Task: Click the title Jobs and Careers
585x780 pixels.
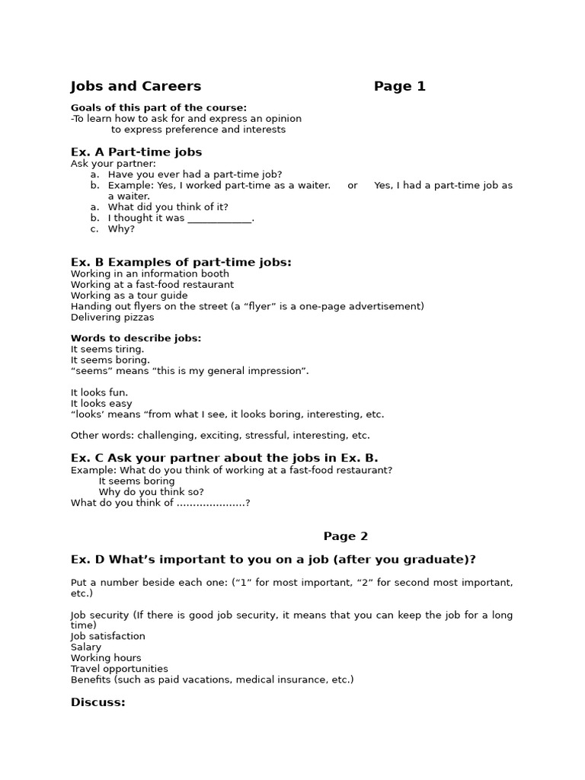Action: tap(136, 87)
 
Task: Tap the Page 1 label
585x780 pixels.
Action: tap(399, 87)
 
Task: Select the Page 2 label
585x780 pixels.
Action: tap(345, 536)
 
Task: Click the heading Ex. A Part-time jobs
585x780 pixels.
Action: tap(136, 152)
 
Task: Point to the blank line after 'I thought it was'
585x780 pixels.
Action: tap(219, 219)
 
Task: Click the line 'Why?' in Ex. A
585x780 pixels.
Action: tap(121, 229)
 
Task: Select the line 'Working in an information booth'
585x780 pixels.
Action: tap(150, 273)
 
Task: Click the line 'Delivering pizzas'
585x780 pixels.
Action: tap(112, 317)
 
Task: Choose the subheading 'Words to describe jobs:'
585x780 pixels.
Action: tap(136, 338)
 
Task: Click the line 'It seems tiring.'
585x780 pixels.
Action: tap(107, 350)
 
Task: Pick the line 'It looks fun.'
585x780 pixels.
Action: tap(100, 393)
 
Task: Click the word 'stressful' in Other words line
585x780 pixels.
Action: tap(261, 436)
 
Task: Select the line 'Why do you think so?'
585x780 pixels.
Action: tap(151, 492)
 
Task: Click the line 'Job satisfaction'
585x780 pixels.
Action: tap(107, 636)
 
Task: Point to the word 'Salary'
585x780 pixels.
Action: tap(86, 647)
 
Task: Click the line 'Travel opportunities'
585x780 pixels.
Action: tap(120, 669)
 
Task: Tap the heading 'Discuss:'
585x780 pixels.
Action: tap(97, 702)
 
